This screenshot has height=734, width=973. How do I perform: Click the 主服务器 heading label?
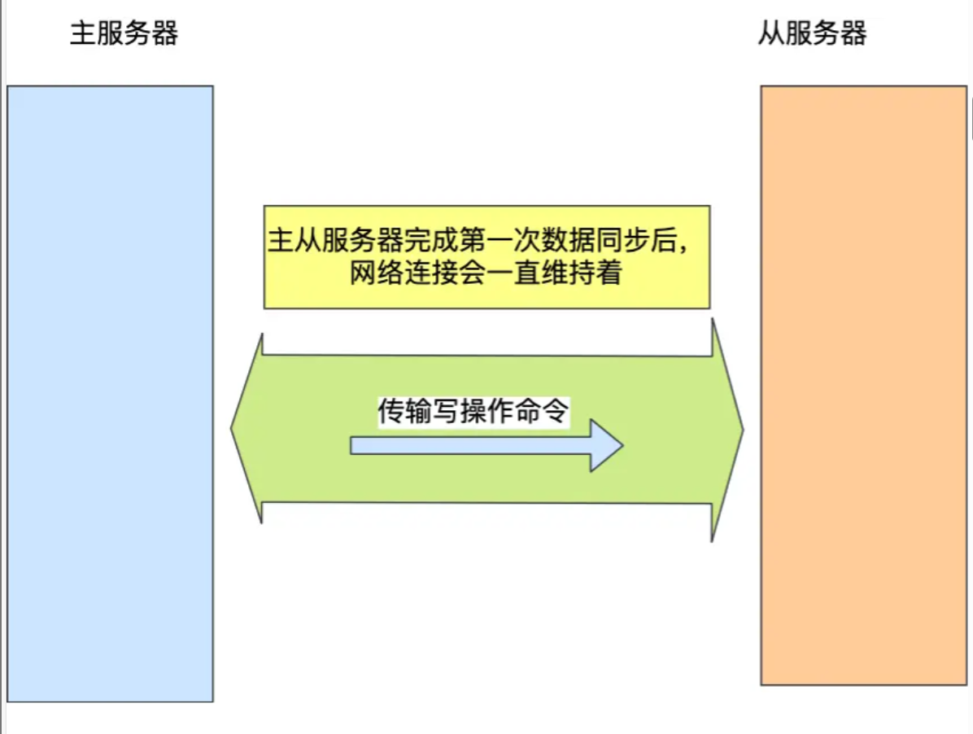pyautogui.click(x=124, y=33)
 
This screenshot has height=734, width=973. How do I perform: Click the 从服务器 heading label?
pyautogui.click(x=812, y=33)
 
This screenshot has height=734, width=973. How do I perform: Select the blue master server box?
pyautogui.click(x=111, y=394)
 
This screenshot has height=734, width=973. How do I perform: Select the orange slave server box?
pyautogui.click(x=864, y=385)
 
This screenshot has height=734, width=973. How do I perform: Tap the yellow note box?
pyautogui.click(x=486, y=257)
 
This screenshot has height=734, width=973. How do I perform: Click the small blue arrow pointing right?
pyautogui.click(x=486, y=445)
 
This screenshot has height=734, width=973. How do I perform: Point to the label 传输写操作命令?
pyautogui.click(x=473, y=411)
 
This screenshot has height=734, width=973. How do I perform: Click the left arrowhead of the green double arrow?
pyautogui.click(x=247, y=428)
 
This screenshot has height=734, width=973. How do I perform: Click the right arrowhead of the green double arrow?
pyautogui.click(x=728, y=430)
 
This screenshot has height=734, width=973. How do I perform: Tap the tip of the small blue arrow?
pyautogui.click(x=623, y=445)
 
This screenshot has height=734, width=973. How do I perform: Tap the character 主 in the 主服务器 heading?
pyautogui.click(x=82, y=33)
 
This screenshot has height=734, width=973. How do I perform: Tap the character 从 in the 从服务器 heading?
pyautogui.click(x=771, y=33)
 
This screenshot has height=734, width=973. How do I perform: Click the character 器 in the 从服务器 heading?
pyautogui.click(x=854, y=33)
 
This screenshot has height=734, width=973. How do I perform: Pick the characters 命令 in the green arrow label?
pyautogui.click(x=542, y=411)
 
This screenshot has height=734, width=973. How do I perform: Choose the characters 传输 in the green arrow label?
pyautogui.click(x=404, y=411)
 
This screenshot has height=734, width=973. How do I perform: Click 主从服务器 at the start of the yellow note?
pyautogui.click(x=335, y=240)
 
